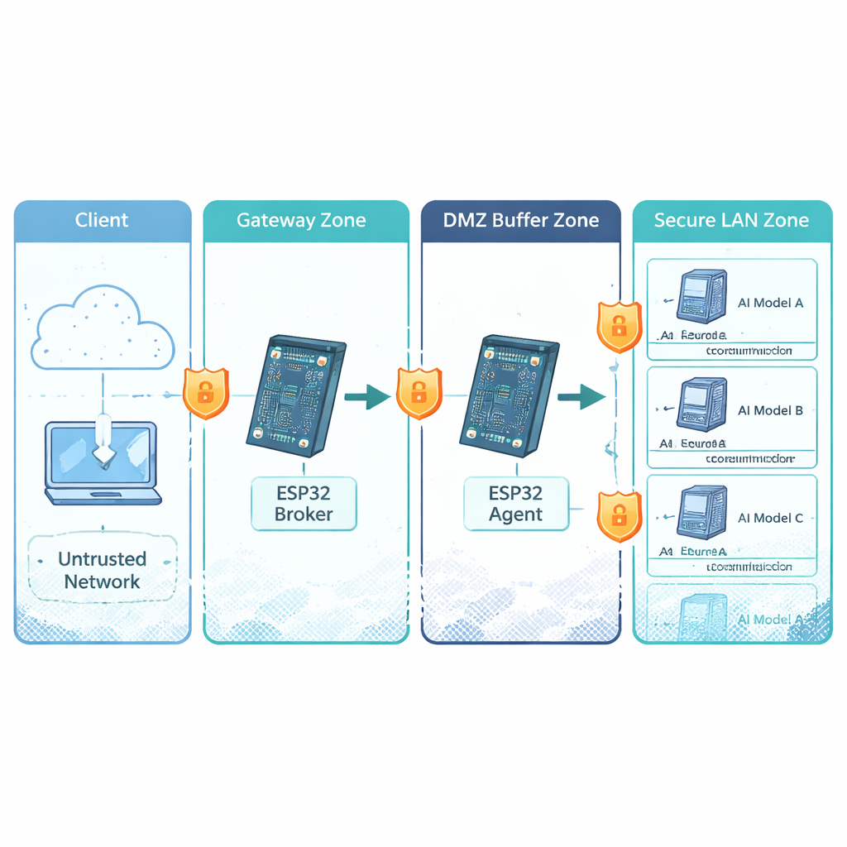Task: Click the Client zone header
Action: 102,221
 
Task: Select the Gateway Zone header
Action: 301,221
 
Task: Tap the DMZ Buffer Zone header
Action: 521,221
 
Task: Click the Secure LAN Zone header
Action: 731,221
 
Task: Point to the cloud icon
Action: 101,328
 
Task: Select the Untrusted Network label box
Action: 103,570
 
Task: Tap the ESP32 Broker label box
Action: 304,504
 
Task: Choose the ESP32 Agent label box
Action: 515,504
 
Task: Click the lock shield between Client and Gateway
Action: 205,394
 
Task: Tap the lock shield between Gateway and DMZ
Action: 419,394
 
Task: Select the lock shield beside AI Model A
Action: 619,327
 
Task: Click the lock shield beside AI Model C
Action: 619,515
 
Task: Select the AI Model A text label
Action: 770,303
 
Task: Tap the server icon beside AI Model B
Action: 701,404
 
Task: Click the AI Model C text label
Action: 770,518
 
